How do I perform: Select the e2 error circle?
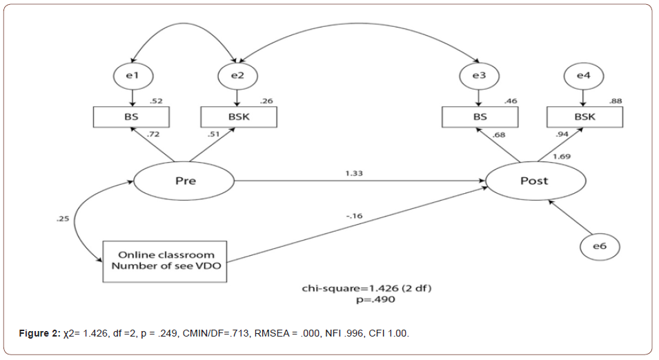(x=237, y=74)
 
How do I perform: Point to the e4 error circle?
(x=583, y=74)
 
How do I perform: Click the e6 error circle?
(x=599, y=246)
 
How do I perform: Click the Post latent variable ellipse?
(x=535, y=181)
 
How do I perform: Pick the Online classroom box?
(x=166, y=261)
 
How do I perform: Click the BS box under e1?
(x=131, y=117)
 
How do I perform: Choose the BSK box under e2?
(x=238, y=117)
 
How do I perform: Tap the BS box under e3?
(x=480, y=117)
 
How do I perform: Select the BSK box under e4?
(x=584, y=117)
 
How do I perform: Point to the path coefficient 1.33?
(x=354, y=172)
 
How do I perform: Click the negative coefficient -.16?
(x=354, y=216)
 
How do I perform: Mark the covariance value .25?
(x=61, y=220)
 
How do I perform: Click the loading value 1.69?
(x=561, y=157)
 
